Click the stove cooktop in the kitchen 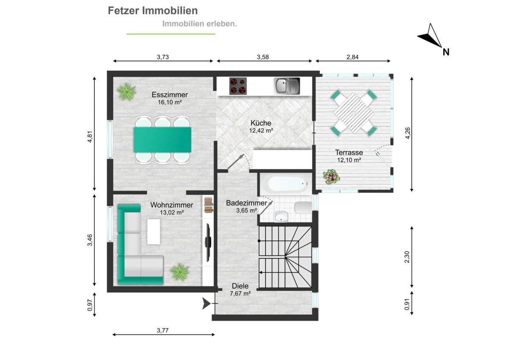pyautogui.click(x=238, y=86)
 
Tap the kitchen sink pyautogui.click(x=287, y=86)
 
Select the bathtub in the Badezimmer pyautogui.click(x=287, y=184)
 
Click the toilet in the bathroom pyautogui.click(x=303, y=208)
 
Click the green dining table pyautogui.click(x=162, y=140)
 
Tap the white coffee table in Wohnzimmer pyautogui.click(x=154, y=231)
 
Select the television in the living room pyautogui.click(x=208, y=242)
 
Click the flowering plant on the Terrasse pyautogui.click(x=331, y=177)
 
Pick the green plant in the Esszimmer pyautogui.click(x=126, y=91)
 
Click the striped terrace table pyautogui.click(x=354, y=113)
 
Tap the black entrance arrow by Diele pyautogui.click(x=206, y=304)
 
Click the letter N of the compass pyautogui.click(x=446, y=52)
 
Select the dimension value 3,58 pyautogui.click(x=263, y=57)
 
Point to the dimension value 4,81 pyautogui.click(x=90, y=137)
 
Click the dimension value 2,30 pyautogui.click(x=407, y=257)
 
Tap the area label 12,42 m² pyautogui.click(x=261, y=130)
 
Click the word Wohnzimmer pyautogui.click(x=171, y=205)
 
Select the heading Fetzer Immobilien pyautogui.click(x=153, y=11)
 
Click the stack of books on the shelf pyautogui.click(x=208, y=205)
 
